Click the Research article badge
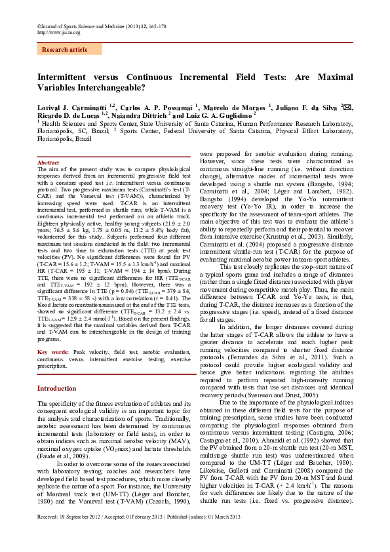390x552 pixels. [64, 49]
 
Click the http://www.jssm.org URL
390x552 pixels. [54, 32]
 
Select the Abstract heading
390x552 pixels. [49, 162]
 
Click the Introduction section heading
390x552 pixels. [56, 388]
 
